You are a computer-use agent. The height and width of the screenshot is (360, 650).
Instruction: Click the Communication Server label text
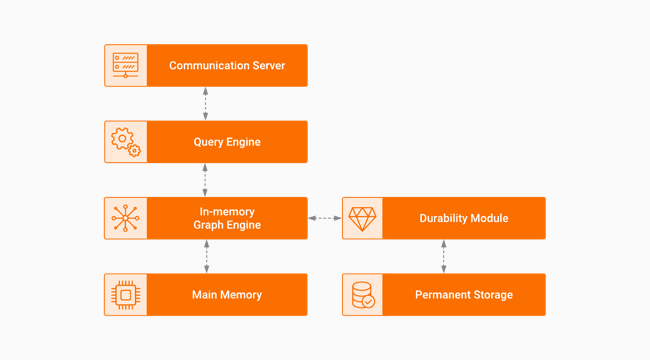coord(227,66)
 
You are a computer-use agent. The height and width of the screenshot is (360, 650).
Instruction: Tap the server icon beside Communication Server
coord(125,66)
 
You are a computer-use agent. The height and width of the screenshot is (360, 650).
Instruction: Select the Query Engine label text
coord(227,142)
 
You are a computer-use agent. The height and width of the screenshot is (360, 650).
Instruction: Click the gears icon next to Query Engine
coord(125,142)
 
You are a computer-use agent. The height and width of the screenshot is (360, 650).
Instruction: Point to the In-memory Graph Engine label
coord(227,218)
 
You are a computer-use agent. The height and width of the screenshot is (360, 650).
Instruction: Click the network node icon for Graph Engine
coord(125,218)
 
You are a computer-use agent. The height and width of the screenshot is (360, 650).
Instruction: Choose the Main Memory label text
coord(227,295)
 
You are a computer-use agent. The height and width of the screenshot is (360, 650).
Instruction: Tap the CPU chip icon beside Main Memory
coord(125,295)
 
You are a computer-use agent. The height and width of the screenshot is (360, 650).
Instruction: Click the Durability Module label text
coord(464,218)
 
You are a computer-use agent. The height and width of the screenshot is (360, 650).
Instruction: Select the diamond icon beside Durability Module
coord(363,218)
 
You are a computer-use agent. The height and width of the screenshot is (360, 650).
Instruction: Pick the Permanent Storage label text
coord(464,295)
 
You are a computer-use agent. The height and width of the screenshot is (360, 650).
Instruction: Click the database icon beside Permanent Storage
coord(363,295)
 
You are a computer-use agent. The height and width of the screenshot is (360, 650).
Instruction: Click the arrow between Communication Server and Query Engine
coord(206,104)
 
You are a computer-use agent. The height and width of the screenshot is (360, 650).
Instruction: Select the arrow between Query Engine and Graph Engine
coord(206,180)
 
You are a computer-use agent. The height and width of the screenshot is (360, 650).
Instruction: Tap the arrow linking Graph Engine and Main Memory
coord(206,256)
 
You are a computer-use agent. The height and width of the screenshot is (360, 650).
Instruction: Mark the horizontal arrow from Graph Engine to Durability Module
coord(325,218)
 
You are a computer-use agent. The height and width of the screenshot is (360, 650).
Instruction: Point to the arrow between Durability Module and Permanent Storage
coord(444,256)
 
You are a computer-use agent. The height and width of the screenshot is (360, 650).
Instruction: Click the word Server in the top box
coord(265,66)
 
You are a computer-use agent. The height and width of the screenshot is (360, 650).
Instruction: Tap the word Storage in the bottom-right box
coord(490,295)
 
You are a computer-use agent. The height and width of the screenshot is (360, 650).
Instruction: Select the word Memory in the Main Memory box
coord(241,295)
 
